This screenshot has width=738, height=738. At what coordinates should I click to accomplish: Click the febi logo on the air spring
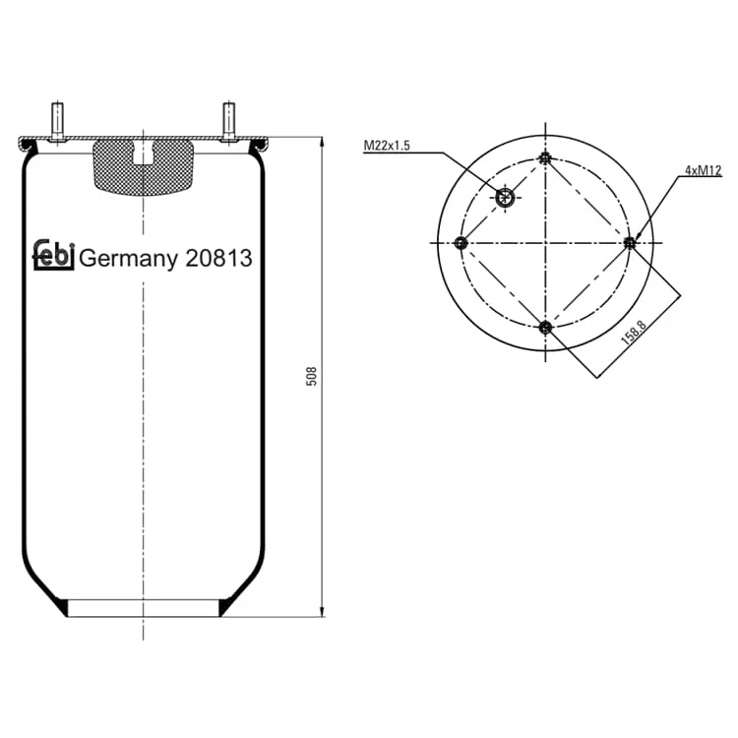click(x=53, y=255)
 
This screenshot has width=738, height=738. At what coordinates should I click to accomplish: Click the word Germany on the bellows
click(x=129, y=259)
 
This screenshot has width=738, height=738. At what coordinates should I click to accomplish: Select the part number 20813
click(x=218, y=258)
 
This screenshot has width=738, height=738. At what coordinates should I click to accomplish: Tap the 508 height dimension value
click(x=312, y=376)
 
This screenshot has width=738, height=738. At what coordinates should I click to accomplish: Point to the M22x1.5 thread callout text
click(x=387, y=146)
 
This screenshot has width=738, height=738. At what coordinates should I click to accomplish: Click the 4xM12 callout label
click(x=704, y=170)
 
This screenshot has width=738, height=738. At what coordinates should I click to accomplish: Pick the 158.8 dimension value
click(x=634, y=332)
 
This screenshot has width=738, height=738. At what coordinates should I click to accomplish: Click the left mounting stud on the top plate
click(x=57, y=121)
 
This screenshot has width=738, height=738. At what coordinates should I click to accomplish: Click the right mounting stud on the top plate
click(x=228, y=121)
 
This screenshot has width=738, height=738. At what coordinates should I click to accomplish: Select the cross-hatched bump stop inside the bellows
click(x=143, y=167)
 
